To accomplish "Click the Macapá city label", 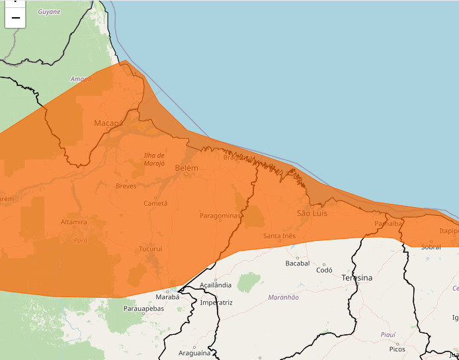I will coord(108,123).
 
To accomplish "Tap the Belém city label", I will coord(187,169).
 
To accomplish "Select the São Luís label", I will coord(312,213).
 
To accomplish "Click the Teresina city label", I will coord(356,278).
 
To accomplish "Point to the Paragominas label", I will coord(220,216).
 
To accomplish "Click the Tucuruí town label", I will coord(150,249).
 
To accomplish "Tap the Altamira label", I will coord(73,222).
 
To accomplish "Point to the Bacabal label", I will coord(297,263).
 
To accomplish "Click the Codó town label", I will coord(324,270).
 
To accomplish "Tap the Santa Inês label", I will coord(279,236).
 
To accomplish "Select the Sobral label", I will coord(431,247).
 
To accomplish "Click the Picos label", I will coord(397,349).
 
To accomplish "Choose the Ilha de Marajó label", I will coord(154,159).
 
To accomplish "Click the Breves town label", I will coord(126,186).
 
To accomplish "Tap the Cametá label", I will coord(155,203).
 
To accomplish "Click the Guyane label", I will coord(49,12).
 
